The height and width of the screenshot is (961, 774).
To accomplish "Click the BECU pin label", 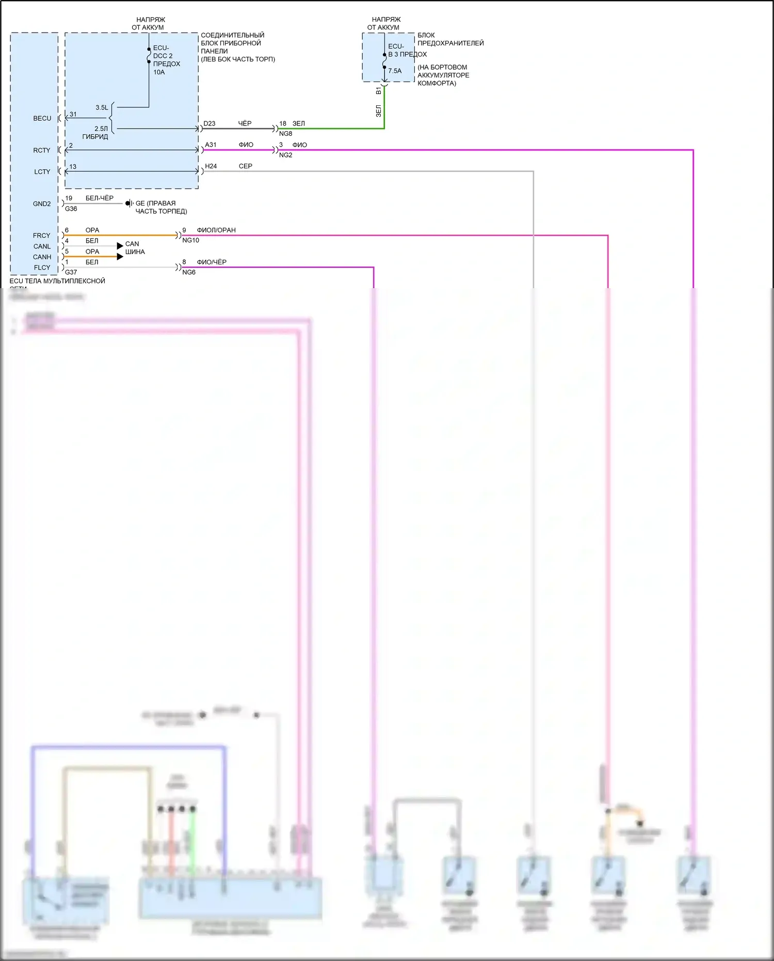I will point(42,118).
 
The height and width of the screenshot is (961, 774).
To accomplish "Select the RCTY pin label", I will point(42,150).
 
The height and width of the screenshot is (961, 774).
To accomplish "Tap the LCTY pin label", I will point(42,172).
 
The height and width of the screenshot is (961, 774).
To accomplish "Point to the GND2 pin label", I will point(42,204).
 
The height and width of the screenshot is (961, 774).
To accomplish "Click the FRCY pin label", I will point(42,235).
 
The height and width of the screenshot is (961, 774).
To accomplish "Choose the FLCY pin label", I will point(42,267).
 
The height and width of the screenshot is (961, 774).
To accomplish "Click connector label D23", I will point(209,123).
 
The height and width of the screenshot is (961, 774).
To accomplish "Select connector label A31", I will point(211,145).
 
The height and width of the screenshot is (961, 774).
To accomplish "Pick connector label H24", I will point(211,166).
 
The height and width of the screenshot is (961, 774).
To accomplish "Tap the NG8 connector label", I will point(285,134).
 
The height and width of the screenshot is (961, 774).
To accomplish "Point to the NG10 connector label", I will point(190,240).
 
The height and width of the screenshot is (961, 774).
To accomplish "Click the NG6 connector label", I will point(189,272).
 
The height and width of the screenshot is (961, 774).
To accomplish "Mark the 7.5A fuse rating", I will point(395,71).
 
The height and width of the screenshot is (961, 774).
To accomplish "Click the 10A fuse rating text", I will point(159,72).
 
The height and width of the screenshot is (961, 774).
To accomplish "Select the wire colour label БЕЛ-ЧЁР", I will point(100,198).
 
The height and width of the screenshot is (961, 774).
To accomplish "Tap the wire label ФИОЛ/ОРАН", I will point(216,230).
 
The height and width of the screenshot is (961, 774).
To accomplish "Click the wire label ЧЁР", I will point(245,123).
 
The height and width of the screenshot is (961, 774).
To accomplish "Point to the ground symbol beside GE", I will point(129,203).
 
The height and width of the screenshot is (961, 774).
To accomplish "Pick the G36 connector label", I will point(71,209).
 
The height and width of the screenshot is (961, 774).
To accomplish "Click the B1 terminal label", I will point(379,91).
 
